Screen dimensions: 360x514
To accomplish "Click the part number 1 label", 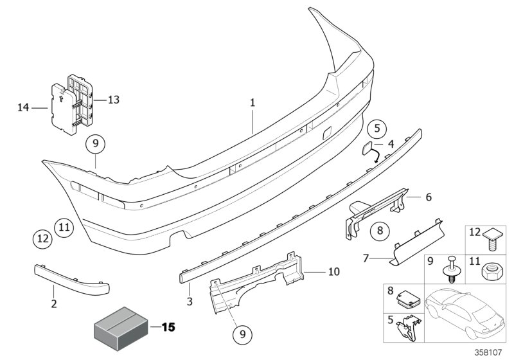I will tap(253, 102).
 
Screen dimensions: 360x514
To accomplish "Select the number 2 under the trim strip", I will tap(54, 303).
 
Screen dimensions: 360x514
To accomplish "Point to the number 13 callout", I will tap(113, 100).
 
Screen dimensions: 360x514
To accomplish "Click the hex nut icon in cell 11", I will tap(491, 273).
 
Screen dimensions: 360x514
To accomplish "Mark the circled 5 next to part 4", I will tap(377, 128).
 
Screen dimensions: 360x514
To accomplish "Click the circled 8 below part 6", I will tap(380, 229).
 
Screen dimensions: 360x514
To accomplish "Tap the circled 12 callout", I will tap(42, 239).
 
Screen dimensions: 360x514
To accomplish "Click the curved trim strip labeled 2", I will tap(71, 278).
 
